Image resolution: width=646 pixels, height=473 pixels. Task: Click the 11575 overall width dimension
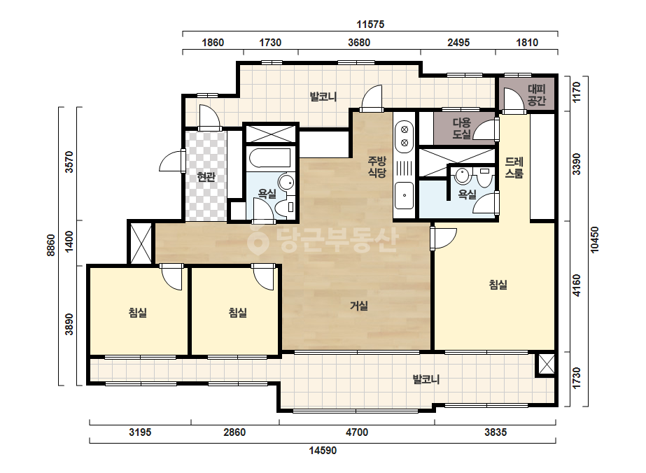370,24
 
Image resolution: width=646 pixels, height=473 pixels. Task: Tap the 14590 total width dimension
323,451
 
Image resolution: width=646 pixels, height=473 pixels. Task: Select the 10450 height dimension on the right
594,239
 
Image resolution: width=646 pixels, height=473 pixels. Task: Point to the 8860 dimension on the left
50,245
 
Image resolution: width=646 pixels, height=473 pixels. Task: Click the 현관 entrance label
206,177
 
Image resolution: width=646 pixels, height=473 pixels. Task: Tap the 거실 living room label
359,306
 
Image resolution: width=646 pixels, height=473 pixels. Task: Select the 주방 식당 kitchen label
377,167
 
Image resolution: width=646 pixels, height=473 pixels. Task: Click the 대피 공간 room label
536,95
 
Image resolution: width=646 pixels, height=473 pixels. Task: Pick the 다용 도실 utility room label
461,128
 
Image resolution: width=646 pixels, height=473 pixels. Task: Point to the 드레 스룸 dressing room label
514,167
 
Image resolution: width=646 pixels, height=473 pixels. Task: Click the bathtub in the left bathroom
270,158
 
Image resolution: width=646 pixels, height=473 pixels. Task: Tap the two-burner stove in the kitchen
404,136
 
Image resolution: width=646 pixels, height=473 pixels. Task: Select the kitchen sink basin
404,195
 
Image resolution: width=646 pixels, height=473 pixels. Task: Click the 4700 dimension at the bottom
357,432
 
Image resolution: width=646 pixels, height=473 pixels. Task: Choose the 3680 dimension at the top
359,43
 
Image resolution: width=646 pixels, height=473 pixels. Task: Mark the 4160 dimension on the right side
577,285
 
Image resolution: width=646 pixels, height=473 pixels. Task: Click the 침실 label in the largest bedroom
498,284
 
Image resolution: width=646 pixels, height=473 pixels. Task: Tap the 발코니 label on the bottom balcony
426,379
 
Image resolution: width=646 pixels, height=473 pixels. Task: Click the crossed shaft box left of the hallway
141,243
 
